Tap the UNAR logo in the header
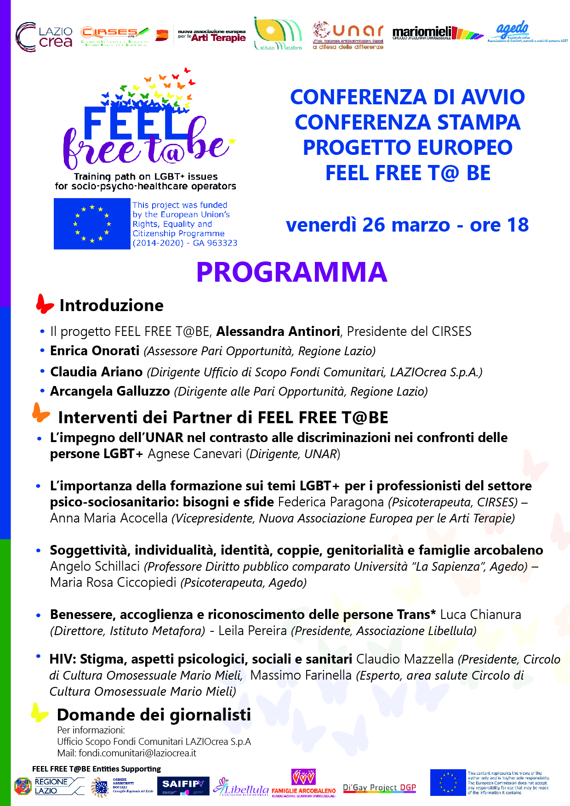pos(348,35)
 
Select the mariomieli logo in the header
pos(437,33)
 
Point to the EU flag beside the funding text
pos(92,224)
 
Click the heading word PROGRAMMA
pos(291,272)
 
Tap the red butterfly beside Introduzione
pos(45,304)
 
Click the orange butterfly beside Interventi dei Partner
pos(41,412)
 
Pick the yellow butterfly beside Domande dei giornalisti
pos(40,712)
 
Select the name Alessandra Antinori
pos(278,331)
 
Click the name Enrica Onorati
pos(95,351)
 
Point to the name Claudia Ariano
pos(97,372)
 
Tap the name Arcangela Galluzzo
pos(110,392)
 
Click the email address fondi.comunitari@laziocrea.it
pos(137,753)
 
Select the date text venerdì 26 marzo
pos(368,225)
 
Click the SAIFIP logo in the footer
pos(183,786)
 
